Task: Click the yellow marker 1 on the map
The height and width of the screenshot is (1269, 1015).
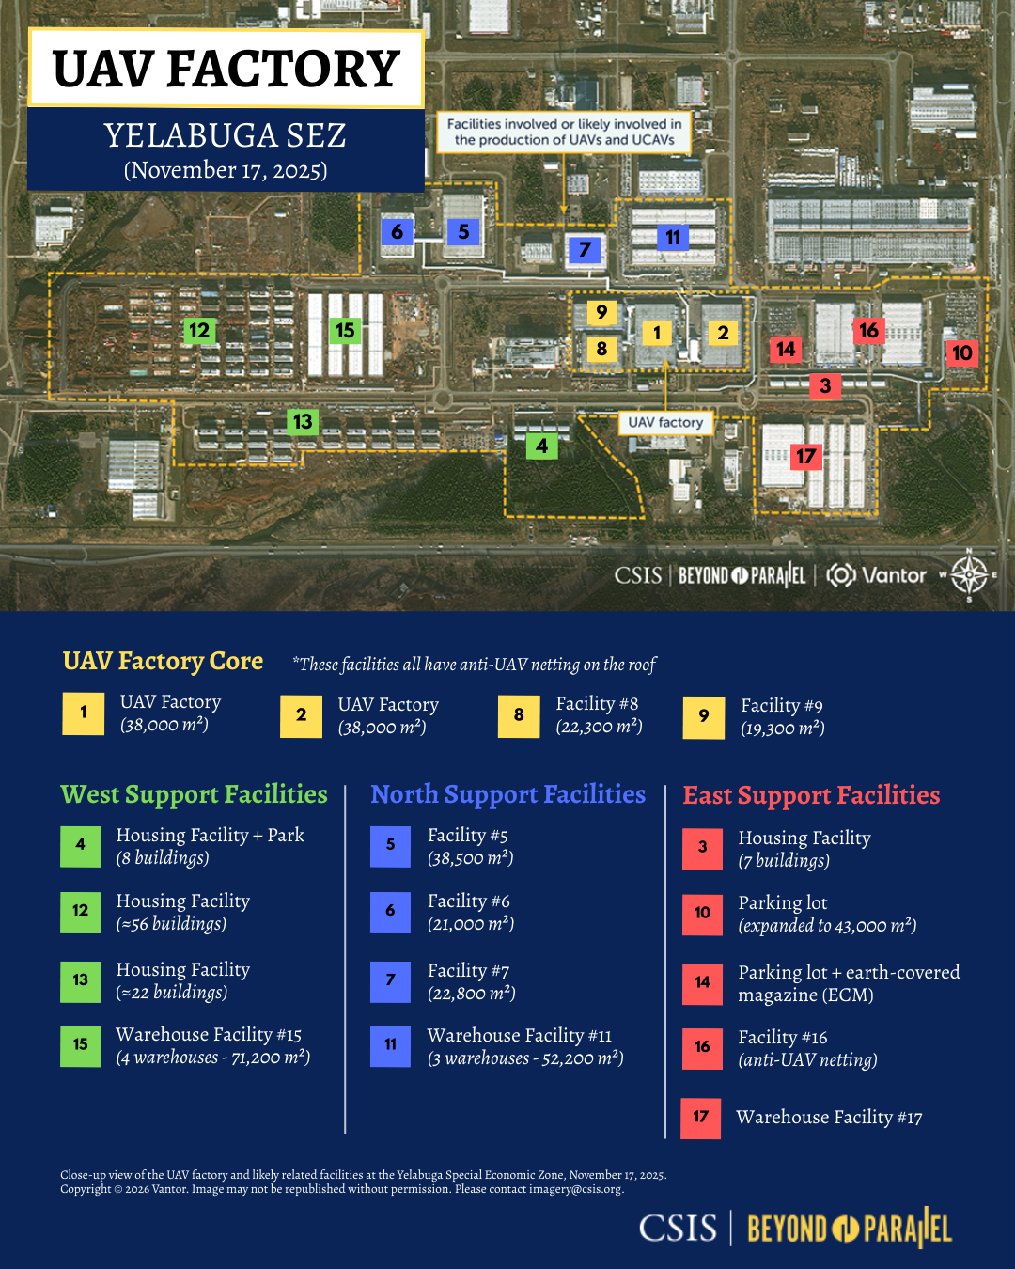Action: [x=657, y=333]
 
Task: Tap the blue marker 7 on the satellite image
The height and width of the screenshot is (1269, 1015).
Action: [x=585, y=250]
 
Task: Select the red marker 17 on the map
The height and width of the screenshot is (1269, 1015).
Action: [x=806, y=457]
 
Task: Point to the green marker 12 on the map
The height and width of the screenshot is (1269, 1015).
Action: [x=199, y=330]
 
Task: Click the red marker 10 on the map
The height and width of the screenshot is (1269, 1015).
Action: [x=961, y=353]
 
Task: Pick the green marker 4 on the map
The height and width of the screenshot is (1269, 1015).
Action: [x=542, y=446]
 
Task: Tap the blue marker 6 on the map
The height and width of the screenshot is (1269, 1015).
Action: [x=397, y=232]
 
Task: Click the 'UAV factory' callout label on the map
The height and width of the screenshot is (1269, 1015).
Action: [x=665, y=423]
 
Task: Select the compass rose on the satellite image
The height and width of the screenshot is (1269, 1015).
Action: [x=969, y=574]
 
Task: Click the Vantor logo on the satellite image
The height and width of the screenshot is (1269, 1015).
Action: [x=877, y=575]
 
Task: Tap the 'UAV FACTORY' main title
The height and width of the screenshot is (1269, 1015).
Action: [x=226, y=70]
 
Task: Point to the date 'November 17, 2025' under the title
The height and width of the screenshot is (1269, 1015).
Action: [x=226, y=170]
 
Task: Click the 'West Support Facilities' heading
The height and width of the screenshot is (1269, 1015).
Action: [x=194, y=794]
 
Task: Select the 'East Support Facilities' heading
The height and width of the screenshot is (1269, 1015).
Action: [x=811, y=795]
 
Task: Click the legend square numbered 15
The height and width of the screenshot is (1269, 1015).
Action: [x=80, y=1045]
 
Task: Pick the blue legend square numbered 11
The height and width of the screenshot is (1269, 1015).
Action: [x=390, y=1045]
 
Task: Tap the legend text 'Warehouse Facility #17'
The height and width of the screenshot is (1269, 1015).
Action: [x=829, y=1118]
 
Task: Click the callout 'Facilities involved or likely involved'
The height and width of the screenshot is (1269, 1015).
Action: [x=564, y=132]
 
